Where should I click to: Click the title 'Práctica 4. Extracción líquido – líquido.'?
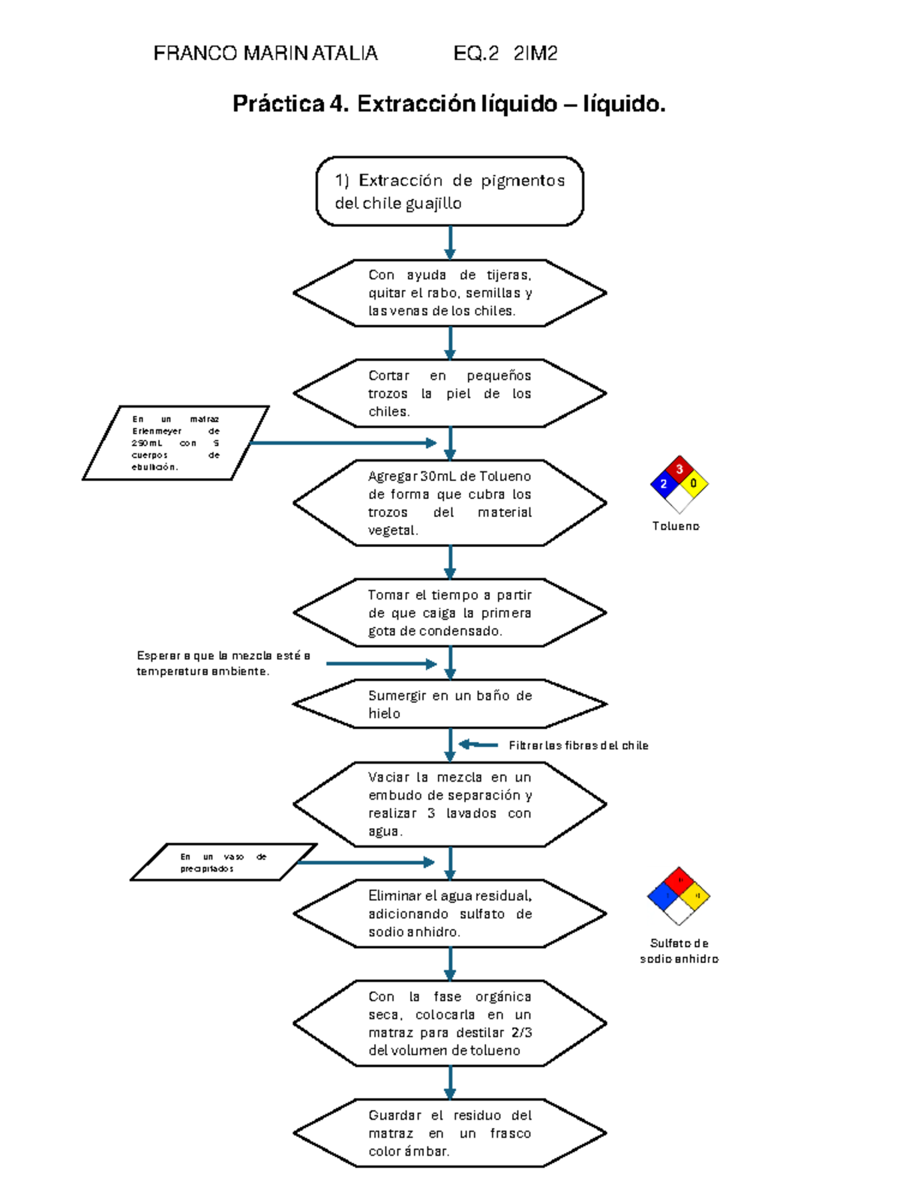pyautogui.click(x=448, y=103)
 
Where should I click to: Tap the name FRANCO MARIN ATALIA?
pyautogui.click(x=265, y=53)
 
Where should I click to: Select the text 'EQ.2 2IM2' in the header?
pyautogui.click(x=505, y=53)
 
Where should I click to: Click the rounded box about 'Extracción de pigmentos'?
pyautogui.click(x=449, y=191)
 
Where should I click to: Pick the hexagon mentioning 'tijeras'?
pyautogui.click(x=449, y=293)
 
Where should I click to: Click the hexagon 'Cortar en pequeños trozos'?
pyautogui.click(x=449, y=393)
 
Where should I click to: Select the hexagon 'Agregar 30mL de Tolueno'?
pyautogui.click(x=449, y=503)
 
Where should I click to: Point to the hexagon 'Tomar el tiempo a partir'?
pyautogui.click(x=449, y=612)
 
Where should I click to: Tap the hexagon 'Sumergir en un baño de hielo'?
pyautogui.click(x=449, y=704)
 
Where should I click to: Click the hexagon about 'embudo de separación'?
pyautogui.click(x=449, y=804)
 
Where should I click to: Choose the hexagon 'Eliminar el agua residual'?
pyautogui.click(x=449, y=913)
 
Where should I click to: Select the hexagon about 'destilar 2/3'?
pyautogui.click(x=449, y=1023)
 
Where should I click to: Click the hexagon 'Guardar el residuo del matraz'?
pyautogui.click(x=449, y=1132)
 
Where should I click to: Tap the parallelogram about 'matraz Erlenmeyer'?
pyautogui.click(x=175, y=443)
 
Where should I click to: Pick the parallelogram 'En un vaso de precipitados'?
pyautogui.click(x=223, y=862)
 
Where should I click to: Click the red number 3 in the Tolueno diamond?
pyautogui.click(x=679, y=470)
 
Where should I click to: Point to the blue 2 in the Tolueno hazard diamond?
pyautogui.click(x=664, y=484)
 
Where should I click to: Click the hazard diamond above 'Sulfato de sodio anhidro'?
pyautogui.click(x=679, y=896)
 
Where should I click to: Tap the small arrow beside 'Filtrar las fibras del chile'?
pyautogui.click(x=478, y=745)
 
